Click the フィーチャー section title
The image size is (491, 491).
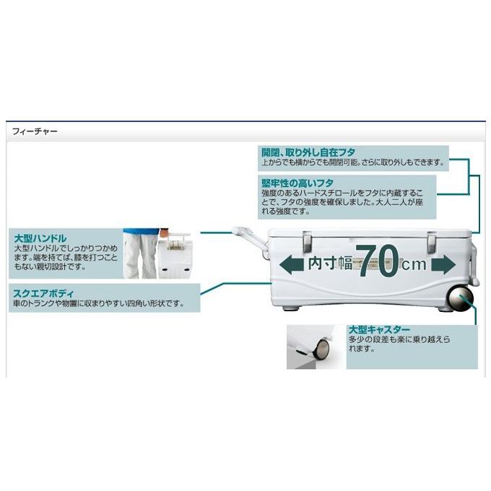point(34,132)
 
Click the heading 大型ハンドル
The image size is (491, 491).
point(40,238)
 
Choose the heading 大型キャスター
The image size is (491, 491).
point(379,328)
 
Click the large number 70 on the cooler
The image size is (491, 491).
point(377,263)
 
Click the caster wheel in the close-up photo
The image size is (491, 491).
point(318,352)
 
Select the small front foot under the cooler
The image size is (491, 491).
point(293,308)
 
